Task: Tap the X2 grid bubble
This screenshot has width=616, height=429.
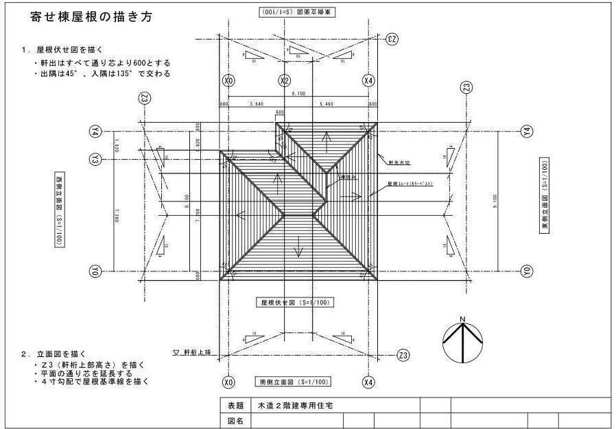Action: click(285, 81)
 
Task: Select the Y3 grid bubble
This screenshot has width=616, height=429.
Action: click(95, 159)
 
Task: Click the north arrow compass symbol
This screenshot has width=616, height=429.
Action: click(463, 339)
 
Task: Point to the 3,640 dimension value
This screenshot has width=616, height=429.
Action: click(255, 104)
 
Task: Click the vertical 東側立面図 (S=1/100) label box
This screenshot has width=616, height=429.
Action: click(544, 197)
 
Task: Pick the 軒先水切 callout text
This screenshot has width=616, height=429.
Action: click(400, 163)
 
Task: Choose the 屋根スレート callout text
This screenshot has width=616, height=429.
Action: click(410, 184)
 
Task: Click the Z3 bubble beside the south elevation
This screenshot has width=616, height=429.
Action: click(403, 354)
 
